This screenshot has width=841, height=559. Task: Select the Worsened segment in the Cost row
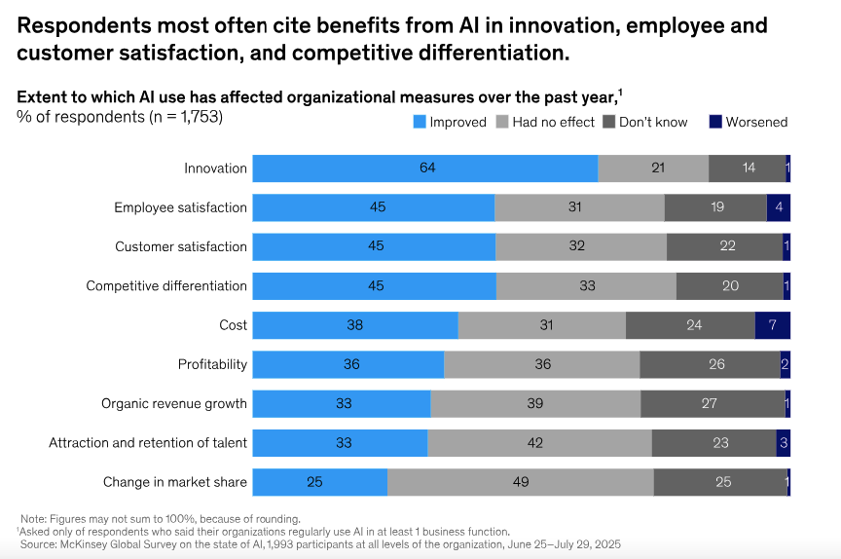click(x=773, y=325)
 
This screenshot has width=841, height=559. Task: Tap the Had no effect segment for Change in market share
click(x=521, y=482)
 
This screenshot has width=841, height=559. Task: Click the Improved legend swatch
click(x=420, y=122)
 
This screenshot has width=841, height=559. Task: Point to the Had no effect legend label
click(x=553, y=122)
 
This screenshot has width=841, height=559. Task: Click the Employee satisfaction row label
click(x=180, y=207)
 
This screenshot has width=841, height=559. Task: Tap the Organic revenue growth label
click(x=174, y=403)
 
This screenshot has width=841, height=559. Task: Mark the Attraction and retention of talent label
click(x=148, y=443)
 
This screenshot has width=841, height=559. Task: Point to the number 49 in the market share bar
click(x=521, y=482)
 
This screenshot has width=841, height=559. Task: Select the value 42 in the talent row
click(x=539, y=443)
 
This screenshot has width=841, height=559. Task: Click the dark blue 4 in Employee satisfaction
click(x=779, y=207)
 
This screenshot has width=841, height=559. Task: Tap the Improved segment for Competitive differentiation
click(x=375, y=286)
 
